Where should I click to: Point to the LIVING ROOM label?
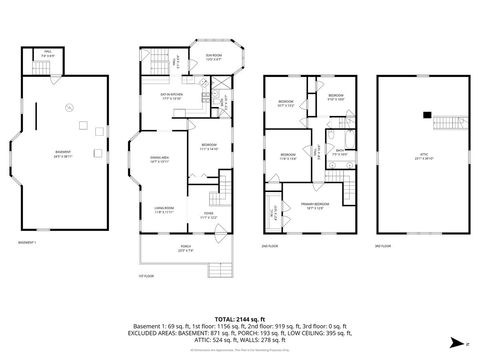[164, 209]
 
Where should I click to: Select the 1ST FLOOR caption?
[147, 276]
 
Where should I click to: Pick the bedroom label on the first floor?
[208, 147]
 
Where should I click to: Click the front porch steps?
[218, 270]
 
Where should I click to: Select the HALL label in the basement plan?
[48, 56]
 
